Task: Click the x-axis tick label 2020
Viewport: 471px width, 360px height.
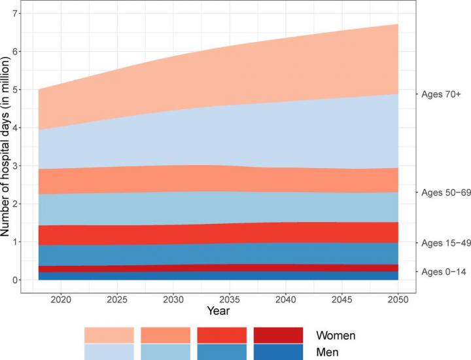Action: tap(60, 298)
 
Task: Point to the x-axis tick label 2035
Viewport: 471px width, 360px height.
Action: tap(230, 298)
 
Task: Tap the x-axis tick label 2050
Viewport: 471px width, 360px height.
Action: tap(398, 298)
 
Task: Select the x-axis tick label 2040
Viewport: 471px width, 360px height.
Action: tap(286, 298)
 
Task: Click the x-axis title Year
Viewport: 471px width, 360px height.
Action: tap(218, 310)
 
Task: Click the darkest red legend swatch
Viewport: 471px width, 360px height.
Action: tap(278, 335)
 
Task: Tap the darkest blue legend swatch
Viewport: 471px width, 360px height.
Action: tap(278, 351)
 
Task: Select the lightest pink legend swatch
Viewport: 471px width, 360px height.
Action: tap(109, 335)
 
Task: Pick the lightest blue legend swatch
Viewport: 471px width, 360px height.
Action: tap(109, 351)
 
